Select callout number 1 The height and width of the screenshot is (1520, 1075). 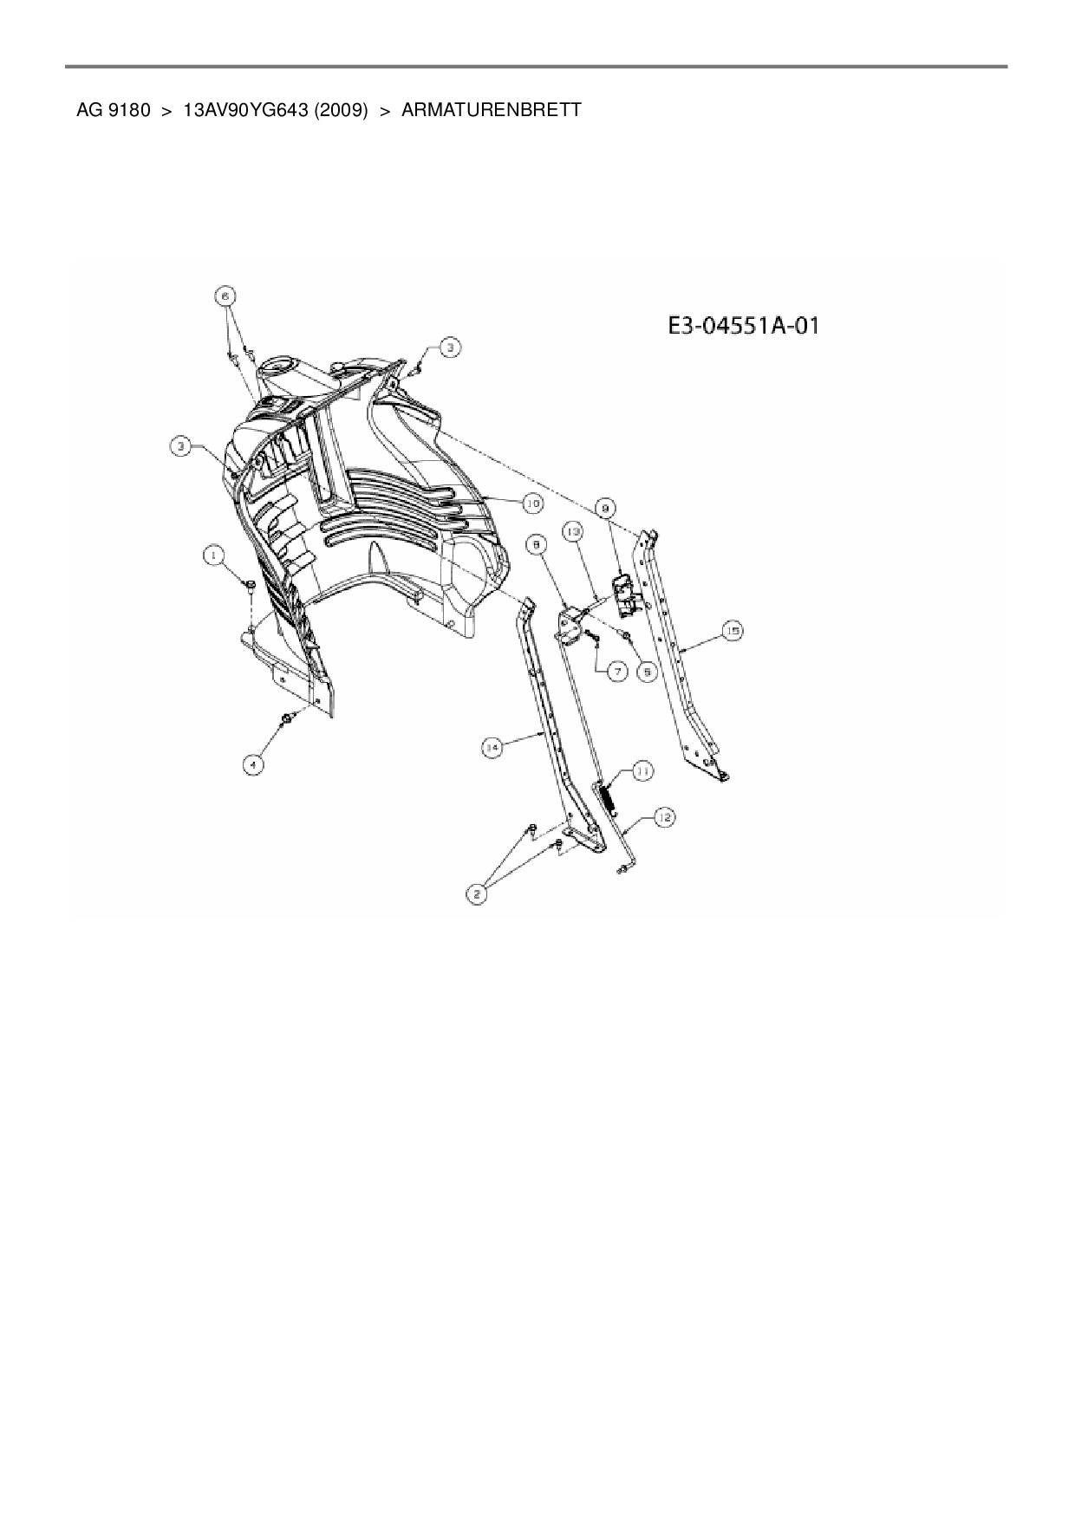tap(212, 554)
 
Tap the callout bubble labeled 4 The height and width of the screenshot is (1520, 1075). tap(252, 764)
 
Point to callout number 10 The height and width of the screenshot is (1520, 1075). tap(531, 502)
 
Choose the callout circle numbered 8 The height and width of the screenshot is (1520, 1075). tap(537, 544)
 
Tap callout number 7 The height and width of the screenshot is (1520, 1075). tap(616, 671)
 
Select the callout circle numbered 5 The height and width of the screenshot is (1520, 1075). tap(646, 670)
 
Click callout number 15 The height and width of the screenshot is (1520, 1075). tap(733, 632)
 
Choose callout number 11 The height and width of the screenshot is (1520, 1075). tap(642, 770)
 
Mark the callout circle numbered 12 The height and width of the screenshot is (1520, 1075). tap(665, 816)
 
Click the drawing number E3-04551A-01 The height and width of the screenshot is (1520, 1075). tap(744, 327)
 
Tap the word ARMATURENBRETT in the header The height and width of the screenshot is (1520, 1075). tap(492, 111)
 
